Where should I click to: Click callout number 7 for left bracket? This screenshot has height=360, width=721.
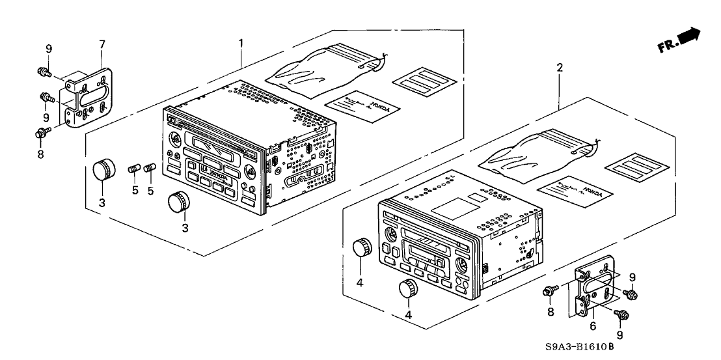(102, 44)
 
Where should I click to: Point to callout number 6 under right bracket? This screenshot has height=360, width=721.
(593, 325)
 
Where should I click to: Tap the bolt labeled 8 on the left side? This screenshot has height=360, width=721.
(40, 133)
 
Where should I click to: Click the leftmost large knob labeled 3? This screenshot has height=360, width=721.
(102, 169)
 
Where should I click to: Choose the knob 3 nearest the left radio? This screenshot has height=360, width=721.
(178, 202)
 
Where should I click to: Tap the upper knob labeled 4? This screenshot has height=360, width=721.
(361, 247)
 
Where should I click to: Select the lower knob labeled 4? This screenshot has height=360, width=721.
(408, 289)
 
